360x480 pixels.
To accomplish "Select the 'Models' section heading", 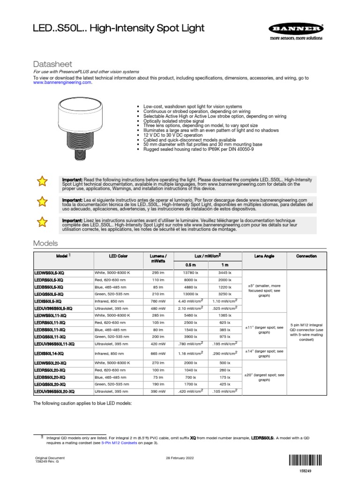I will pos(45,243).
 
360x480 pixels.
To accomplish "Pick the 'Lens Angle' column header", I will pos(264,256).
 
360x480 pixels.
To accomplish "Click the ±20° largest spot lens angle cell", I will pos(264,378).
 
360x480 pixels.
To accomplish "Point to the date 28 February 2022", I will pos(180,457).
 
